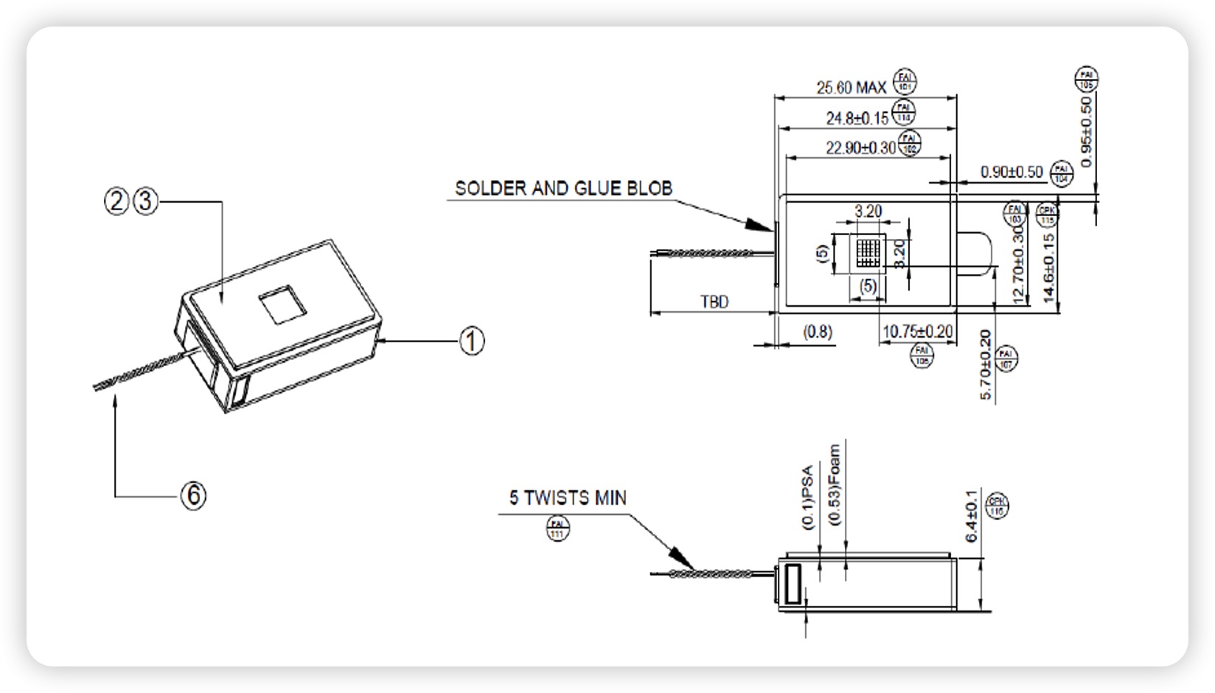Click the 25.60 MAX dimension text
click(851, 88)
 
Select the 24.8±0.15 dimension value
click(857, 118)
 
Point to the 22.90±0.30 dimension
click(860, 148)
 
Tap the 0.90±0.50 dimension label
click(1012, 172)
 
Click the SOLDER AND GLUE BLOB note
click(563, 189)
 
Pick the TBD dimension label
click(714, 302)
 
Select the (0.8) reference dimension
click(817, 332)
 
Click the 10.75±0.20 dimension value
click(917, 332)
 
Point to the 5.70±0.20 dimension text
click(986, 365)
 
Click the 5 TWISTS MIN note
click(568, 498)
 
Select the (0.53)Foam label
click(835, 484)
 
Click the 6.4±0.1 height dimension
click(972, 515)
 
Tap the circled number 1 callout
click(472, 341)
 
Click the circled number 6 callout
click(194, 495)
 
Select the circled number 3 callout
click(146, 201)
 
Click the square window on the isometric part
click(282, 304)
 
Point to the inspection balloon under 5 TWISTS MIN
click(557, 529)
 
